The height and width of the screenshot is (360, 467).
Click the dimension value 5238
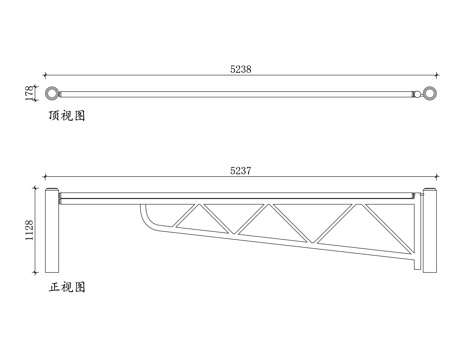(241, 69)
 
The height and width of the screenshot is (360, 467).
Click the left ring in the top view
(49, 94)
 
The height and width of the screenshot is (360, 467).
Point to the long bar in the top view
(240, 94)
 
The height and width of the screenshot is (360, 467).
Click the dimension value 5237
(240, 171)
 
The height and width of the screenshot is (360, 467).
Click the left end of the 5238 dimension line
(43, 76)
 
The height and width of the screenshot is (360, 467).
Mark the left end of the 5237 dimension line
(43, 178)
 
